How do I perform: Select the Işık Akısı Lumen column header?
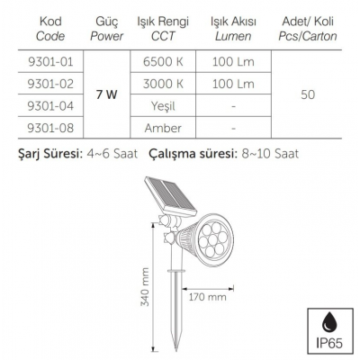231,29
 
